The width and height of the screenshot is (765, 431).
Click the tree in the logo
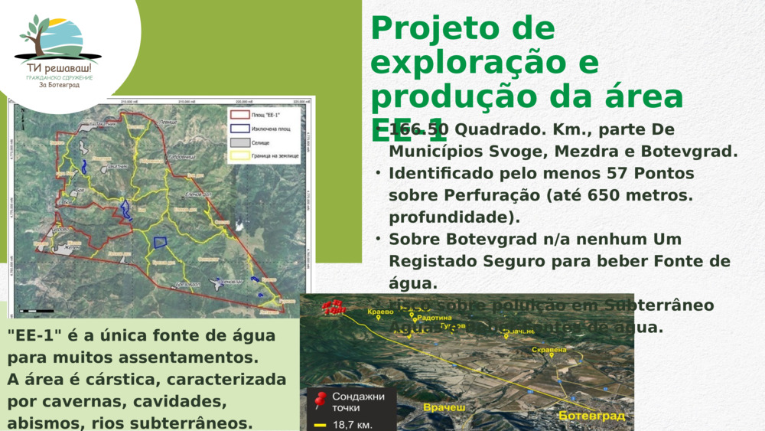34,35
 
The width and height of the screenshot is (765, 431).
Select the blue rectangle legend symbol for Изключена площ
239,129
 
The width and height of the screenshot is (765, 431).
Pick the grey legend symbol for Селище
239,142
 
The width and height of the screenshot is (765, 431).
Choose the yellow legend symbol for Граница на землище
239,156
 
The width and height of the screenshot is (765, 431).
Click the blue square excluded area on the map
160,243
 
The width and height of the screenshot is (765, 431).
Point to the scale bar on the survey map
37,311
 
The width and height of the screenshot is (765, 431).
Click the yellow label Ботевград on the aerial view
591,416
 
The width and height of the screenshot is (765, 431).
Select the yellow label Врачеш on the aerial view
444,408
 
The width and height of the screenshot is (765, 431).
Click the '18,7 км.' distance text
353,424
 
